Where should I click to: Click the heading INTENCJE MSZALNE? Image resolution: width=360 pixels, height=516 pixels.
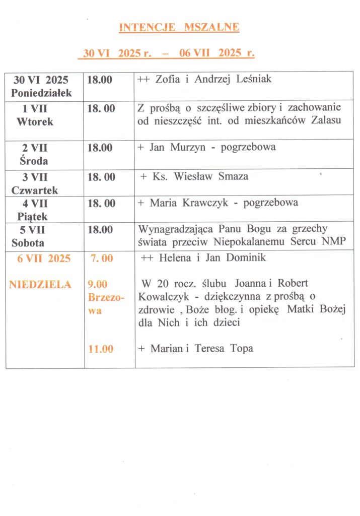point(179,27)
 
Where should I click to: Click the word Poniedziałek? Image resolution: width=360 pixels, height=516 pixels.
point(42,93)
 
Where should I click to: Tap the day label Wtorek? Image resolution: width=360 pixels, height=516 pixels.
point(35,121)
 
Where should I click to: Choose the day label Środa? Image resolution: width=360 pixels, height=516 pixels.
point(35,161)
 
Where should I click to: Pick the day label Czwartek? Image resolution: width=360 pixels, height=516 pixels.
point(35,190)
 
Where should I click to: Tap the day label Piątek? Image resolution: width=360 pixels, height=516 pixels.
point(35,216)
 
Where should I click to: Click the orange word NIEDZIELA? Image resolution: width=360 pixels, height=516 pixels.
point(40,285)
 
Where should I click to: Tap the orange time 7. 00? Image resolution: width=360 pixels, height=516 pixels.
point(102,259)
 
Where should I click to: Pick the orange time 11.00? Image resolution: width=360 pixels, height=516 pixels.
point(101,349)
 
